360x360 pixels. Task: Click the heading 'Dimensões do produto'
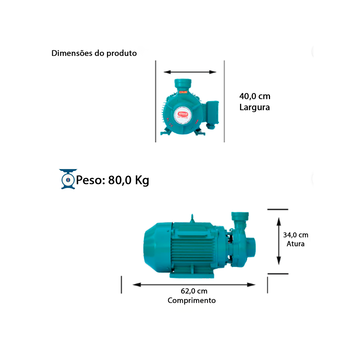tap(94, 53)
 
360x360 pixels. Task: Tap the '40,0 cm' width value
tap(255, 96)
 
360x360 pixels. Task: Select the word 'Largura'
tap(255, 107)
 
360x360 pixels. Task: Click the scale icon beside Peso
tap(67, 179)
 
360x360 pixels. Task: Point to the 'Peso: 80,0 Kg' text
tap(113, 180)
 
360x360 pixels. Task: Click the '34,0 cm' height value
tap(296, 235)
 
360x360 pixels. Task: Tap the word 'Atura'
tap(296, 244)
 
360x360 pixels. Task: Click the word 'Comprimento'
tap(192, 300)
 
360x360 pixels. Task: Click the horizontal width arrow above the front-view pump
tap(190, 72)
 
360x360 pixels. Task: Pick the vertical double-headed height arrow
tap(279, 241)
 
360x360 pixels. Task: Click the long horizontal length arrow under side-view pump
tap(194, 284)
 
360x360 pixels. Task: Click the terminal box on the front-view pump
tap(212, 112)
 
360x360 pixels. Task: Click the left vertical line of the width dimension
tap(156, 101)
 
